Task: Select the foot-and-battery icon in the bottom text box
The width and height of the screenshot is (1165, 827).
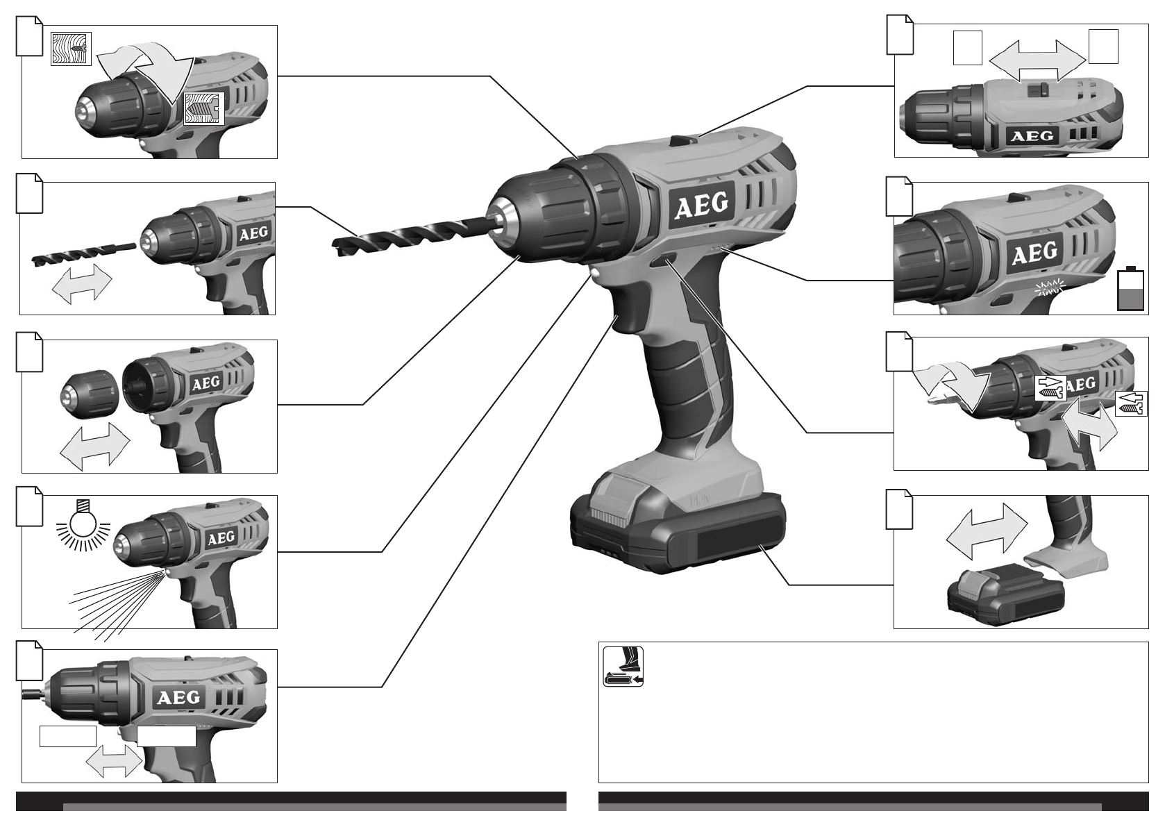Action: point(623,667)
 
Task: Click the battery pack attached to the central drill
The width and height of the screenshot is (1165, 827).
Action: point(678,526)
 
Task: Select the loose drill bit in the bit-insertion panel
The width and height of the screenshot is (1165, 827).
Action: point(83,254)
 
